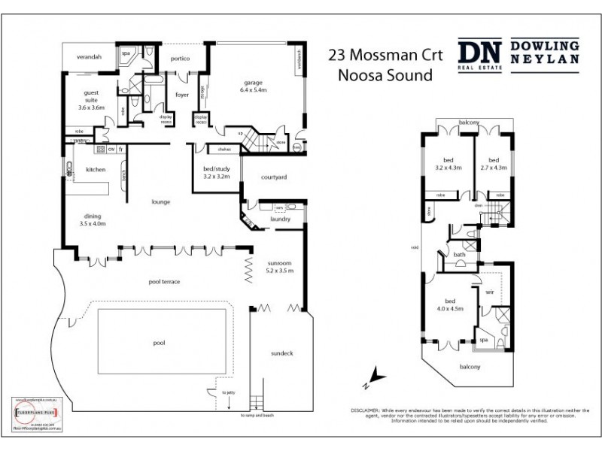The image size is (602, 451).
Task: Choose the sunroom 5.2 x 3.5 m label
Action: (278, 266)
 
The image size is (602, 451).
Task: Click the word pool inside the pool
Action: (159, 342)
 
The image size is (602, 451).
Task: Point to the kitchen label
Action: (95, 170)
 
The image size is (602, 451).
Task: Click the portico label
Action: (179, 58)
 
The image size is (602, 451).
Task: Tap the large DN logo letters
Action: (480, 54)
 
